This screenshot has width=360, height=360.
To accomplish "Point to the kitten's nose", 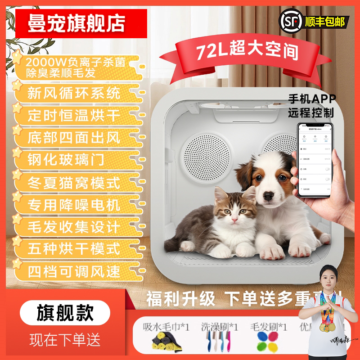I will pos(234,217).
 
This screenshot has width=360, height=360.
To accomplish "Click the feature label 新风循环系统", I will pos(74,93).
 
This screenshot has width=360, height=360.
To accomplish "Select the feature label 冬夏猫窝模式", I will pos(74,183).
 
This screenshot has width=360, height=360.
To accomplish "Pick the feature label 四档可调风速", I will pos(74,271).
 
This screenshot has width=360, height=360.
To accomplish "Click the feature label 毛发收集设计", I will pos(74,227).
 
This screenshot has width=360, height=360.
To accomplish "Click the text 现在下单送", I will pos(65,339).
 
